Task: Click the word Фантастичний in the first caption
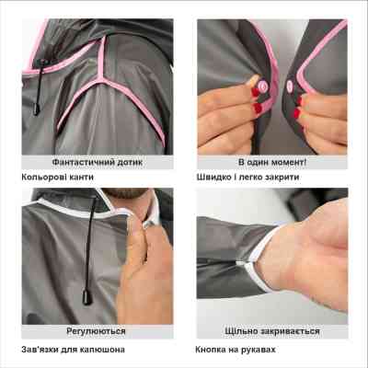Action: [x=81, y=162]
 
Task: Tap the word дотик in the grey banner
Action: [x=128, y=162]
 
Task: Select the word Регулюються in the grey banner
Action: [x=96, y=331]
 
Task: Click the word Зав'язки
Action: [x=40, y=350]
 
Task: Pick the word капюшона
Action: [x=102, y=350]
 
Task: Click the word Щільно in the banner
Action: [x=240, y=331]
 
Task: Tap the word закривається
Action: [x=290, y=331]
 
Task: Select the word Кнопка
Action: [x=211, y=350]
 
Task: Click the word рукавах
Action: [x=259, y=350]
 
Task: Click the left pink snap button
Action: [x=263, y=86]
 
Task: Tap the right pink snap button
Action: [x=290, y=86]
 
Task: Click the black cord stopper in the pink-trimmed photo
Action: [x=37, y=109]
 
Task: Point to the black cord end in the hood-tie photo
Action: [x=87, y=297]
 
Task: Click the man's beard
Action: [x=125, y=193]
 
